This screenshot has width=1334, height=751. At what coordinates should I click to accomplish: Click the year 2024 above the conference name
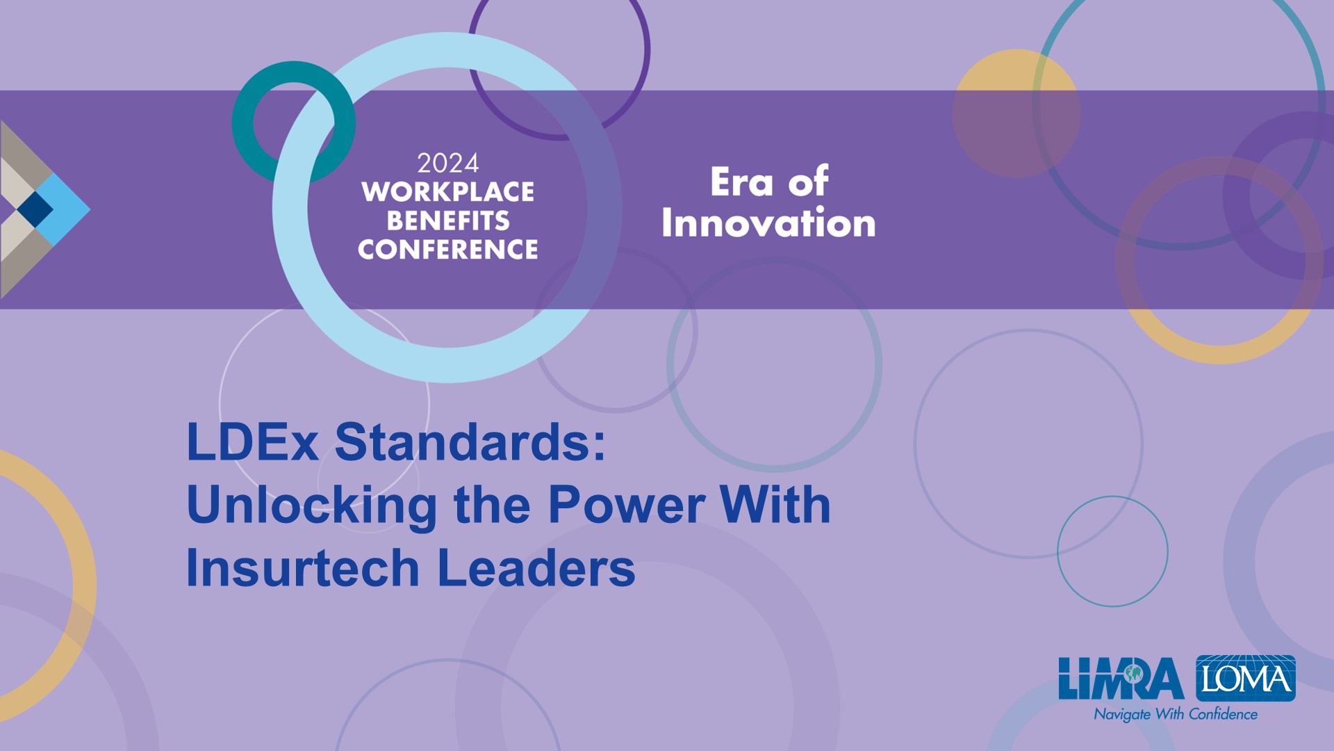click(x=447, y=163)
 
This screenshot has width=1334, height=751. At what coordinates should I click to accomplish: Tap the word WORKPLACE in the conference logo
click(x=447, y=192)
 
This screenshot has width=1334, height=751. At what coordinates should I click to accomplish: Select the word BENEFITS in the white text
click(x=448, y=221)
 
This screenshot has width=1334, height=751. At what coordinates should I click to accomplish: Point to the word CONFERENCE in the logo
click(x=447, y=250)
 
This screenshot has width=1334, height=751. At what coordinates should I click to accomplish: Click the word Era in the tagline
click(x=741, y=182)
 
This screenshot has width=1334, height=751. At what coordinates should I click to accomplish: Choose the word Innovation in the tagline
click(x=768, y=223)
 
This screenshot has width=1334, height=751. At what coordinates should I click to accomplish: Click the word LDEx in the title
click(x=252, y=442)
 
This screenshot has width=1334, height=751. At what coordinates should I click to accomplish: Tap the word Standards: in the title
click(x=470, y=442)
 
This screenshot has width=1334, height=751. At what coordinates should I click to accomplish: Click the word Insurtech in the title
click(x=303, y=567)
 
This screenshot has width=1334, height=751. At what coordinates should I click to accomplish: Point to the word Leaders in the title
click(x=536, y=567)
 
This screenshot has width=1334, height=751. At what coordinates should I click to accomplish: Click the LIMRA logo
click(x=1121, y=679)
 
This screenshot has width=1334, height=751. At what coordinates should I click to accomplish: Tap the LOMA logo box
click(x=1246, y=678)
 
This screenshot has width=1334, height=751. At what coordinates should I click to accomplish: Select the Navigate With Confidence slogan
click(x=1176, y=714)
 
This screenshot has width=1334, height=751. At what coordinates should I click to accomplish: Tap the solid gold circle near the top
click(x=1016, y=113)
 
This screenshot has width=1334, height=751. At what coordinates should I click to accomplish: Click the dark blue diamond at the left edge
click(x=35, y=209)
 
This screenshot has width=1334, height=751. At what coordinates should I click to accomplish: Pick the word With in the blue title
click(x=775, y=505)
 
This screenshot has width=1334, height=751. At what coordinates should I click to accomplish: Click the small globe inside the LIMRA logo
click(x=1134, y=673)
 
